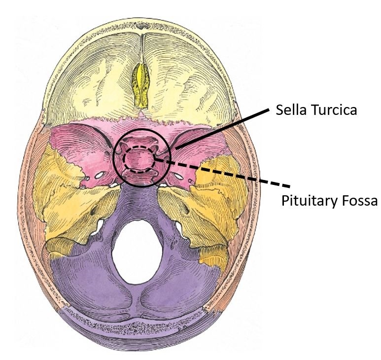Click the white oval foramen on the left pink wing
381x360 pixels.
(x=99, y=175)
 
